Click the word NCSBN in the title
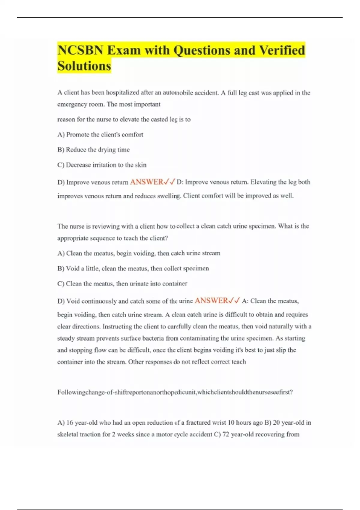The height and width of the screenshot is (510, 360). (80, 50)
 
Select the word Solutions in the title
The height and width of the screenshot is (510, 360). (84, 66)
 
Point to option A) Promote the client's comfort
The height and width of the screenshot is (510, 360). (100, 135)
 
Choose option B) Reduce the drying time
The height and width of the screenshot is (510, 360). (93, 150)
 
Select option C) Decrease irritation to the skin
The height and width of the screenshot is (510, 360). (102, 165)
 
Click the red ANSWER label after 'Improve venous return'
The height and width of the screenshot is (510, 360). (146, 182)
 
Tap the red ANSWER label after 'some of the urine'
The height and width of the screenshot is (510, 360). (211, 300)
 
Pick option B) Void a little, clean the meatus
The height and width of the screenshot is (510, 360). (133, 268)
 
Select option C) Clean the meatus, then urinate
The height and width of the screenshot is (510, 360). (122, 283)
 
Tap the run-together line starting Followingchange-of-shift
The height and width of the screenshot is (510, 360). (175, 392)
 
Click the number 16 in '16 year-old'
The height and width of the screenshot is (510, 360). (70, 422)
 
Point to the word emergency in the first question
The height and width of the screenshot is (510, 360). (72, 104)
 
